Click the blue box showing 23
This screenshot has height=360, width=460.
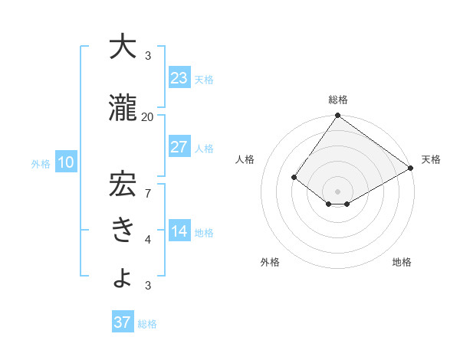point(179,78)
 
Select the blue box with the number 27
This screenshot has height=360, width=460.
point(179,147)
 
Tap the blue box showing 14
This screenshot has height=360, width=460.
point(179,231)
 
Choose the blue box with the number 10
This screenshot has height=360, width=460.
point(65,162)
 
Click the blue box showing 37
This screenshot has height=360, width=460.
point(122,322)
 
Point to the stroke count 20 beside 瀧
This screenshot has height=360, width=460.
point(147,116)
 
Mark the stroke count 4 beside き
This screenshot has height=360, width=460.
point(147,240)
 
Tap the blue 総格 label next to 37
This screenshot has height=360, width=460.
point(147,324)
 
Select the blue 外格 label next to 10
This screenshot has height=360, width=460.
point(41,163)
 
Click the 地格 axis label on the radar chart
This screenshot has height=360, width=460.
point(402,262)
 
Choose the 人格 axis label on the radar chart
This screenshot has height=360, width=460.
point(245,159)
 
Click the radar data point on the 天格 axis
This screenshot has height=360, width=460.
point(411,169)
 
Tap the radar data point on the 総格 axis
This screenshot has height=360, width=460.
point(337,116)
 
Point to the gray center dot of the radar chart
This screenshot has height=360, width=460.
point(337,191)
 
